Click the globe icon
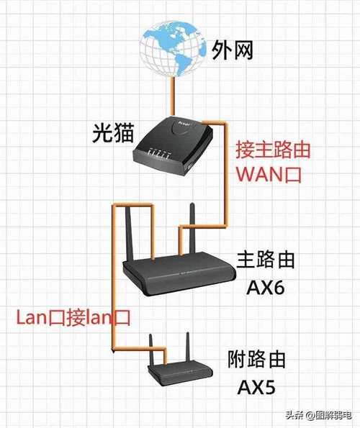[172, 49]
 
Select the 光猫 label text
[113, 133]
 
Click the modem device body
[173, 145]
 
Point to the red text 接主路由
[273, 150]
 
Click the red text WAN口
[269, 174]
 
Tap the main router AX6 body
[179, 274]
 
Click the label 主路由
[265, 260]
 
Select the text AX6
[265, 287]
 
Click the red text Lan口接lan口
[73, 317]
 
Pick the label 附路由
[256, 360]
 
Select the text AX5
[256, 387]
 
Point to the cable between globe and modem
[172, 96]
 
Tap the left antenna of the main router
[129, 233]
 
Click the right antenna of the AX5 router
[187, 347]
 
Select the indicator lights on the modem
[160, 152]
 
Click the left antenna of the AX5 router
[151, 351]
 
